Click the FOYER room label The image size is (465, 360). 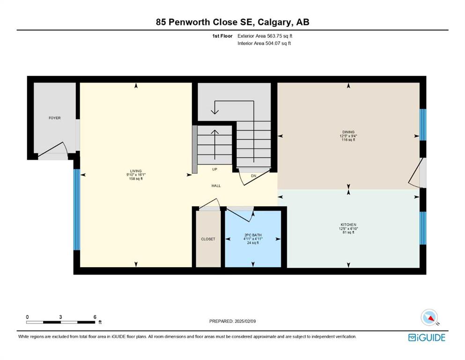tap(55, 118)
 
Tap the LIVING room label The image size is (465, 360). tap(136, 171)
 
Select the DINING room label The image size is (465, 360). tap(348, 132)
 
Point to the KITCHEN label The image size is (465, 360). tap(348, 225)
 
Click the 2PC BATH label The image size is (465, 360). tap(253, 235)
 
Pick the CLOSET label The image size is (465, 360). tap(208, 239)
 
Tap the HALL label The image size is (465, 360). tap(216, 186)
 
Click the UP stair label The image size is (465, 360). tap(215, 169)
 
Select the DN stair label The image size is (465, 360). tap(253, 176)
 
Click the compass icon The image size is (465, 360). tap(429, 317)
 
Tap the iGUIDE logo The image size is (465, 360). tap(427, 337)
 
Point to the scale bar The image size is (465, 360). tap(61, 322)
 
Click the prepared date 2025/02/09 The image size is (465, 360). tap(245, 321)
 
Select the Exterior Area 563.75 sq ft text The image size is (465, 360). tap(265, 36)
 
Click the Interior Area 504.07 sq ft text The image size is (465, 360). tap(264, 43)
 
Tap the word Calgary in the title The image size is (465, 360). tap(274, 22)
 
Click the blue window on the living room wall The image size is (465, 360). tap(76, 210)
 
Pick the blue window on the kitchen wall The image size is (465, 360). tap(423, 228)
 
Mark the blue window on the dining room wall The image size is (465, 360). tap(423, 125)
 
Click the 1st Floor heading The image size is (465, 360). tap(222, 36)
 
